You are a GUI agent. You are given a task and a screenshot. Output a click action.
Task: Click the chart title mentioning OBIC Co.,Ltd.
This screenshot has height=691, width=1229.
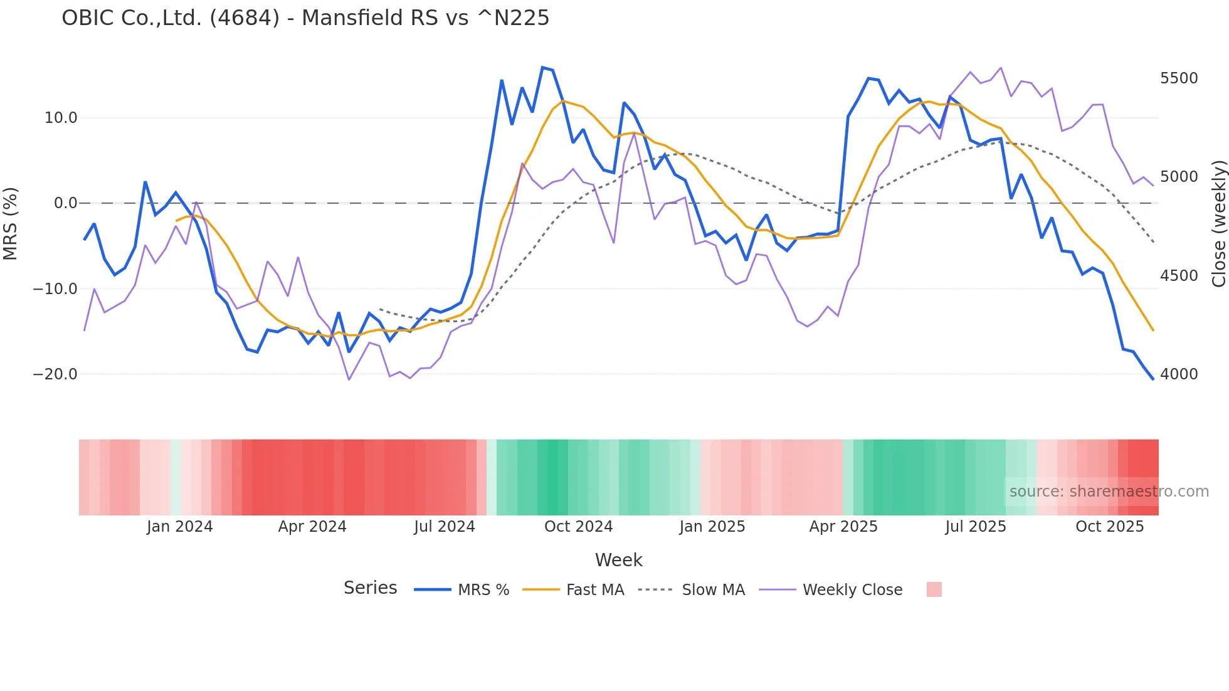(x=305, y=18)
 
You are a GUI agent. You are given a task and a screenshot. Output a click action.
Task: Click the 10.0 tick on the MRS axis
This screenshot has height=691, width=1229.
(x=61, y=118)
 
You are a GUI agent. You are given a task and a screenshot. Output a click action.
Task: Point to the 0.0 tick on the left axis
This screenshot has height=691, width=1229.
(x=65, y=203)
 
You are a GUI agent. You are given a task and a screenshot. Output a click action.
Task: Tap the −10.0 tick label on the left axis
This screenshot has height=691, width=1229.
(x=55, y=289)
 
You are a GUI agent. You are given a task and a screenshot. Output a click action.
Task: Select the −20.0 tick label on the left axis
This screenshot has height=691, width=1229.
(x=55, y=374)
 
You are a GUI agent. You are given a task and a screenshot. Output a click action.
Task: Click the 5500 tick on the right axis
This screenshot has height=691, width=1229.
(x=1179, y=78)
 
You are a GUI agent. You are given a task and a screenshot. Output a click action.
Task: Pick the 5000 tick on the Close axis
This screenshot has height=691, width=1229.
(x=1179, y=177)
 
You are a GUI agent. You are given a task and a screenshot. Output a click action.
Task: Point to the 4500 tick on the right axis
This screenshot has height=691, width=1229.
(x=1179, y=276)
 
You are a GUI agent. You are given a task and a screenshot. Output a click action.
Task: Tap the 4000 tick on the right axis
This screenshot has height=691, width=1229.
(x=1179, y=374)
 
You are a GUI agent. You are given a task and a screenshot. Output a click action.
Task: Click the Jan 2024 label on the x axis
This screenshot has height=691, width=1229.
(x=180, y=527)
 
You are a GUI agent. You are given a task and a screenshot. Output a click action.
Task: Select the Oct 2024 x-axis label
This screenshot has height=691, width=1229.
(x=578, y=527)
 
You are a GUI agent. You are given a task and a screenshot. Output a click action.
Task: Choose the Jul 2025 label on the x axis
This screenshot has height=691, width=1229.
(x=976, y=527)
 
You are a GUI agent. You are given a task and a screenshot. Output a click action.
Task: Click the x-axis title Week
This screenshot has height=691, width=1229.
(x=618, y=560)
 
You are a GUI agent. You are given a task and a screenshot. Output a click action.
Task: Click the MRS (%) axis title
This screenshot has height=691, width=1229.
(x=11, y=223)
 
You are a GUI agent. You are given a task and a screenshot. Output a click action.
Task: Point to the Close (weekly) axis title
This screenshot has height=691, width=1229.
(x=1218, y=224)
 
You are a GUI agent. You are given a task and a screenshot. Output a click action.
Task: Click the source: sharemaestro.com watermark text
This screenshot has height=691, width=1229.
(x=1109, y=492)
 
